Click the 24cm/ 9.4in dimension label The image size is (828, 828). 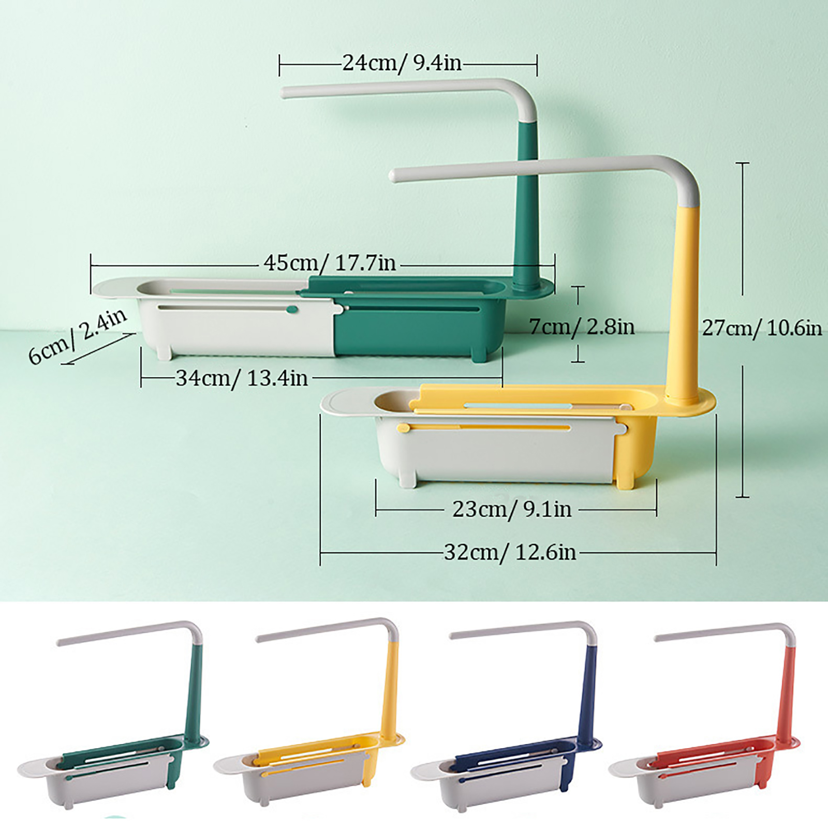coord(402,64)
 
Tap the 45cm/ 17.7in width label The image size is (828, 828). coord(330,263)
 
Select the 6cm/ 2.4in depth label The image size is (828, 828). coord(77,336)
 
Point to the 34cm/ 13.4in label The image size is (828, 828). coord(242,378)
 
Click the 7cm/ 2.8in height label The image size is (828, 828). coord(582,327)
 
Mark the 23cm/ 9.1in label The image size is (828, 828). coord(512,510)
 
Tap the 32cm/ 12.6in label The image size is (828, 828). coord(510,552)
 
